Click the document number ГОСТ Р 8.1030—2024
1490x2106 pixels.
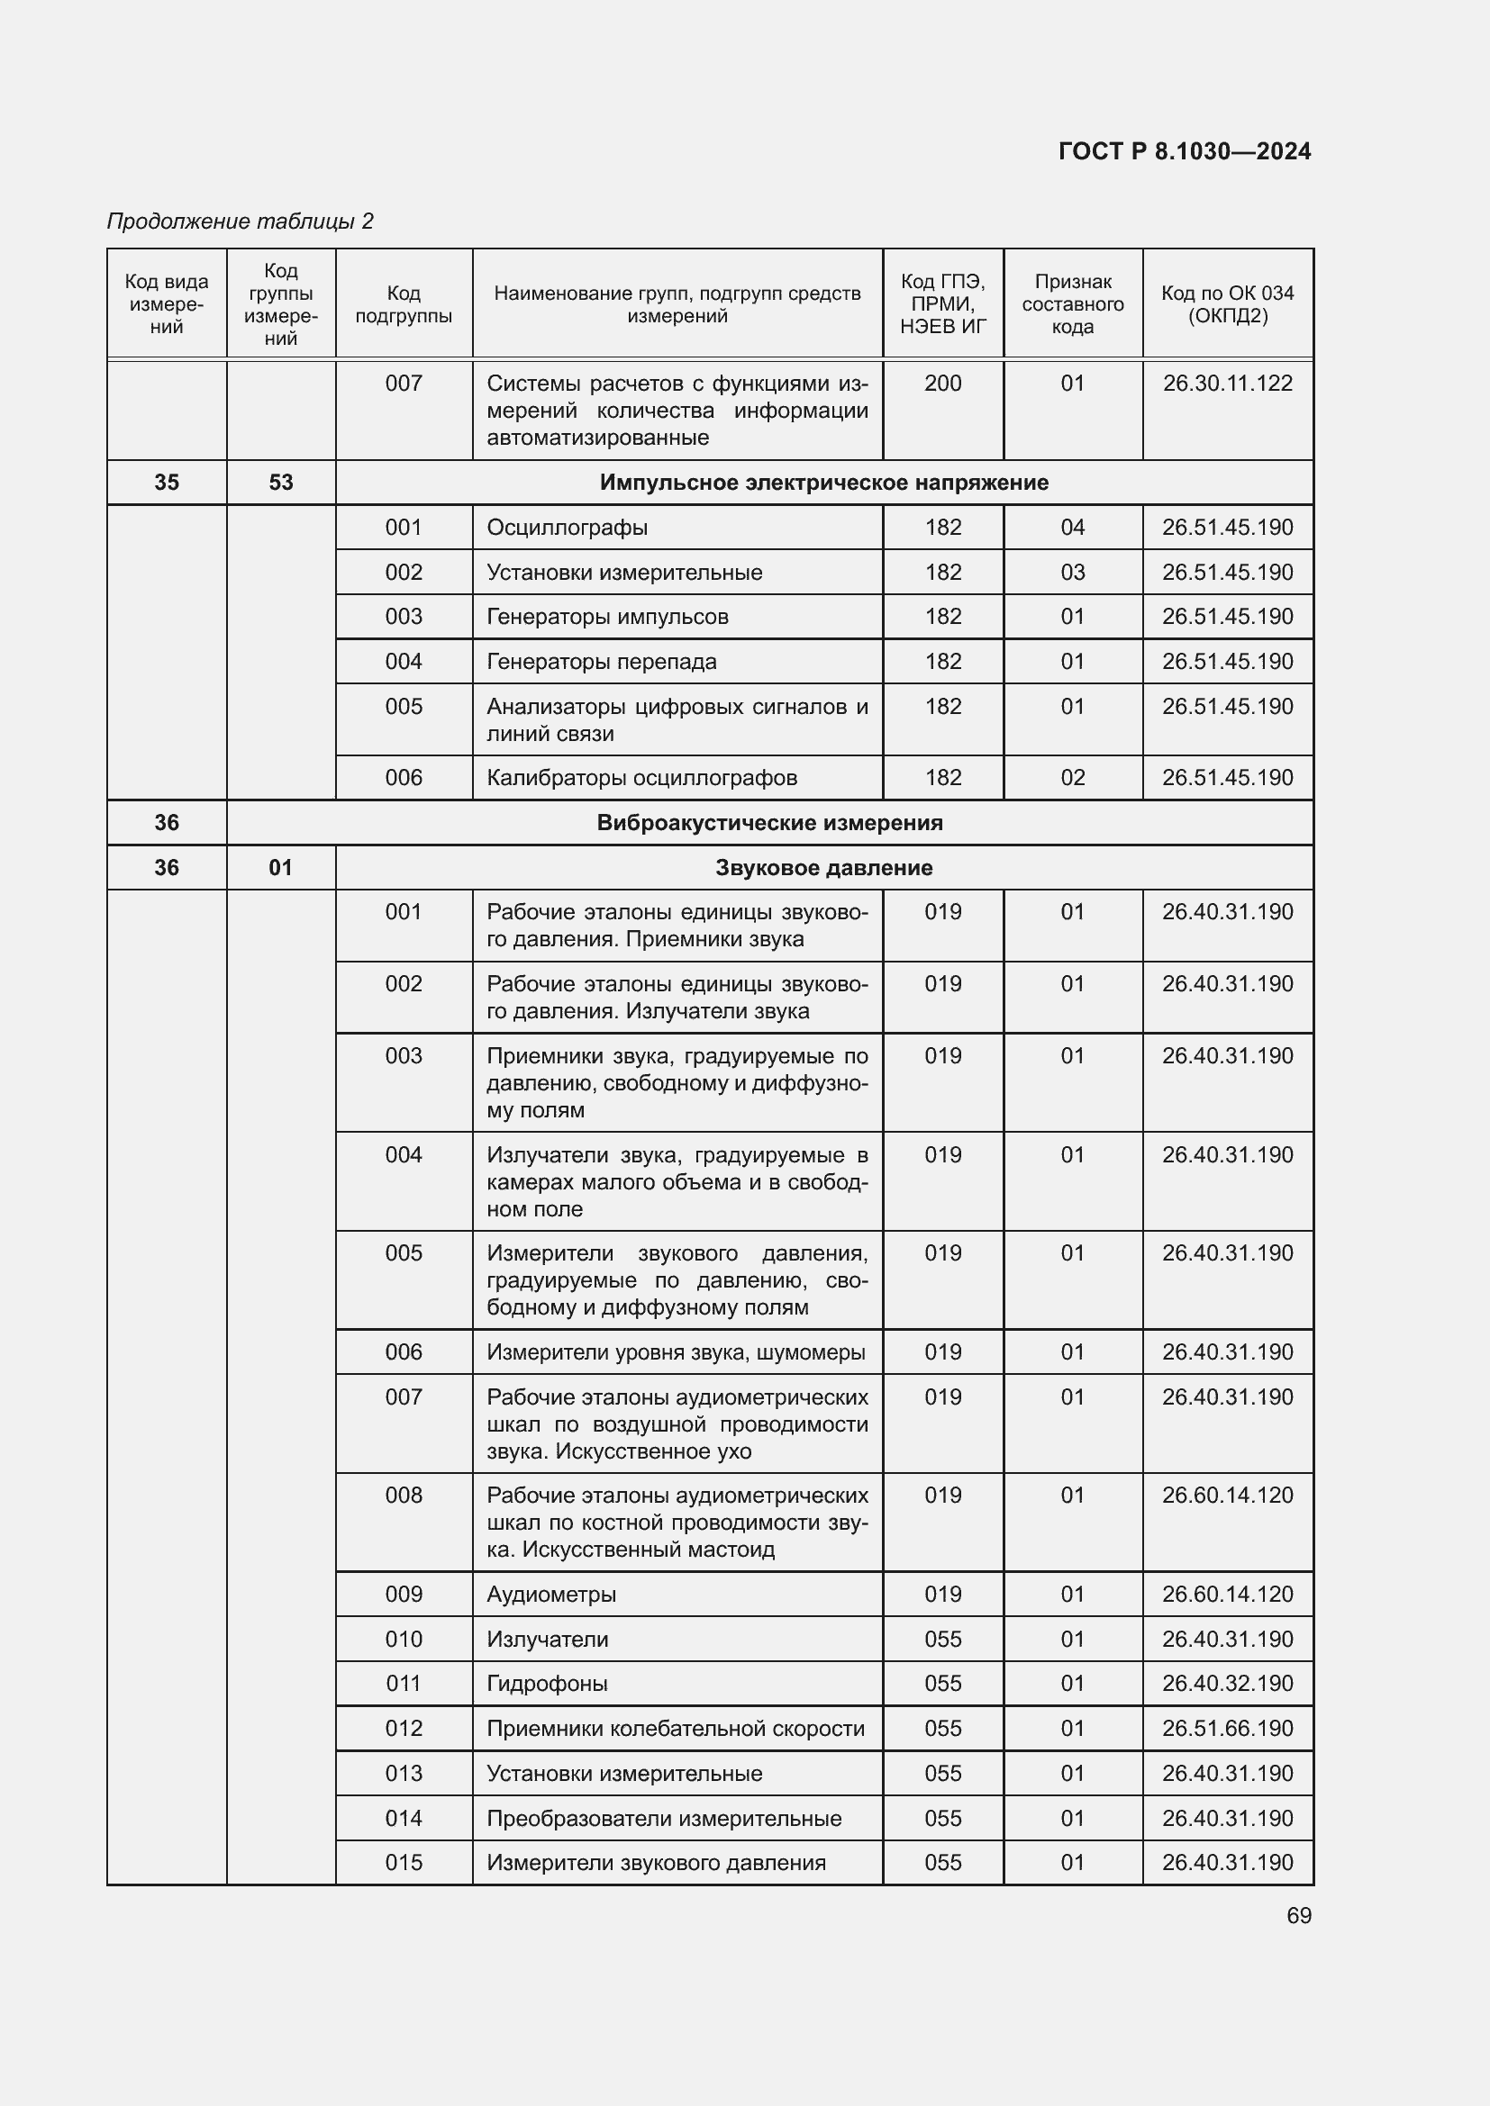tap(1184, 151)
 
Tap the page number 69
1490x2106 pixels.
tap(1298, 1915)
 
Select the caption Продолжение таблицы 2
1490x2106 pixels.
tap(241, 221)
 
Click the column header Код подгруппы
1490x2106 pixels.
tap(404, 304)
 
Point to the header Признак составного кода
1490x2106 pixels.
tap(1073, 304)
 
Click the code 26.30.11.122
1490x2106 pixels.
tap(1228, 384)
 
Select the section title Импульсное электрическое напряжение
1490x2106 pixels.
tap(824, 483)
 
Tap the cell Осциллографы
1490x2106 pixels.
tap(567, 528)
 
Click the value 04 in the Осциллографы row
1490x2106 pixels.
tap(1073, 528)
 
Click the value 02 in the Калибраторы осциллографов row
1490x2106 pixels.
tap(1073, 778)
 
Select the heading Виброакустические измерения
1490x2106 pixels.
tap(769, 823)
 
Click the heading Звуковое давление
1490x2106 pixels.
tap(824, 868)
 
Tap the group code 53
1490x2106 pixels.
tap(281, 483)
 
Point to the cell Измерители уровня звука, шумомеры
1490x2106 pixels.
tap(677, 1352)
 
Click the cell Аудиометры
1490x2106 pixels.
tap(551, 1595)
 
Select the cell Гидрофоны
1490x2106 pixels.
tap(548, 1683)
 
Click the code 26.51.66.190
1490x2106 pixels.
tap(1228, 1728)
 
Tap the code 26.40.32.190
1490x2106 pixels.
tap(1228, 1683)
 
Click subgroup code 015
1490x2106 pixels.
tap(404, 1862)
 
